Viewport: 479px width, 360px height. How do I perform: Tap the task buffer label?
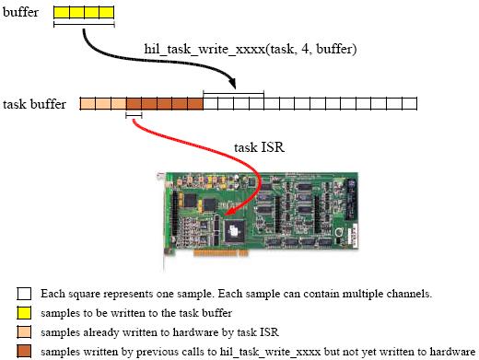click(35, 105)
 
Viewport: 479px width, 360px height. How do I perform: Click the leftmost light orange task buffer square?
click(88, 104)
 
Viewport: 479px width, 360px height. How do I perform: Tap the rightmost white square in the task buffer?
click(408, 104)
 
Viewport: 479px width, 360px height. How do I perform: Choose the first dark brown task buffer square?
click(134, 104)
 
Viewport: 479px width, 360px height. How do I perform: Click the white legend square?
click(25, 294)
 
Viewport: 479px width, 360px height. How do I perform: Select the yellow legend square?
click(25, 312)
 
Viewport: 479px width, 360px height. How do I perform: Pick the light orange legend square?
click(25, 331)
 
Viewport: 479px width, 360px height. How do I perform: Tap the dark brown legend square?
click(25, 349)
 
